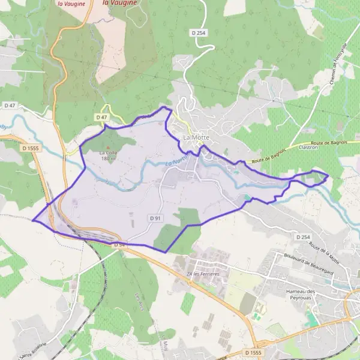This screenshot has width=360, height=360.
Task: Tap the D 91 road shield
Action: click(x=155, y=218)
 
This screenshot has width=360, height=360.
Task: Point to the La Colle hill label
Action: click(x=108, y=152)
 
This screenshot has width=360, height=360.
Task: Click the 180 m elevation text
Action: click(x=108, y=158)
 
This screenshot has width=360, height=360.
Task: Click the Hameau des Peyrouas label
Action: click(x=305, y=293)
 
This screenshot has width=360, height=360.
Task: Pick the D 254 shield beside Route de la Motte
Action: click(x=303, y=238)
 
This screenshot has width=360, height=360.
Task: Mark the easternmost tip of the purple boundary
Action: click(x=328, y=175)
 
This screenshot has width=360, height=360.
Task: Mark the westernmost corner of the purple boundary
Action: click(x=32, y=220)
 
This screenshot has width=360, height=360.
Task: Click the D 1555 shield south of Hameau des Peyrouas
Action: click(x=253, y=352)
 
